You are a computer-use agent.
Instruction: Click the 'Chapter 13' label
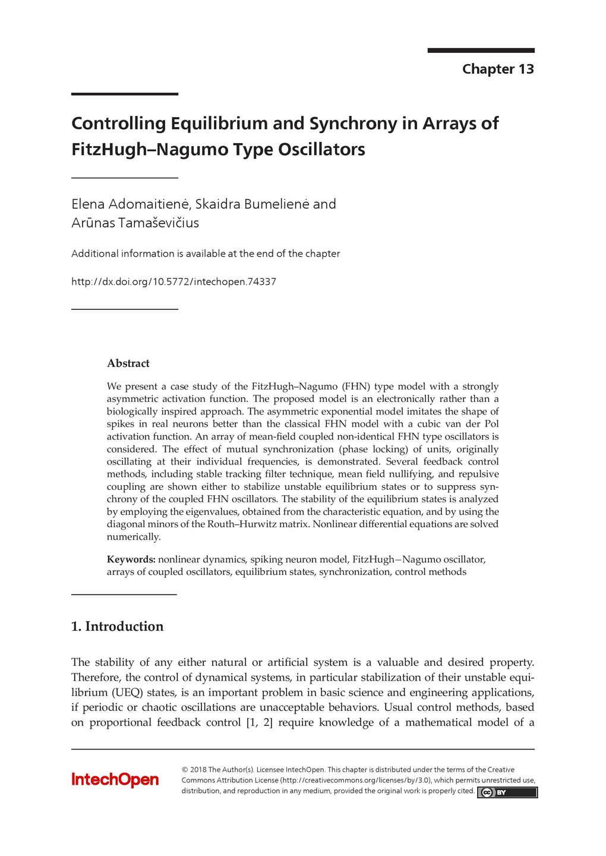(x=498, y=69)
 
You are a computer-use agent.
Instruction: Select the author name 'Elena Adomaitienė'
(x=130, y=204)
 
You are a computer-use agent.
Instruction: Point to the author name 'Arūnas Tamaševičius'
(x=135, y=223)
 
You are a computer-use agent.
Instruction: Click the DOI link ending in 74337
(x=173, y=282)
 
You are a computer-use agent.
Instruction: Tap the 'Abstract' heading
(x=128, y=363)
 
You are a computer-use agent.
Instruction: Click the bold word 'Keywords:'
(x=131, y=559)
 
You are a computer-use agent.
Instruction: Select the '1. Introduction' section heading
(x=117, y=627)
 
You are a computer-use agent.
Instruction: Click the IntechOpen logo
(x=115, y=779)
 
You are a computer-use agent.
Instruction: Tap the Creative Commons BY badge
(x=507, y=792)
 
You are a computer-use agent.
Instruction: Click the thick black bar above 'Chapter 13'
(x=481, y=51)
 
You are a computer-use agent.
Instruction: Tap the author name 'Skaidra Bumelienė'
(x=252, y=204)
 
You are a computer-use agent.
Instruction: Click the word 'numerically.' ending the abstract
(x=134, y=537)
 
